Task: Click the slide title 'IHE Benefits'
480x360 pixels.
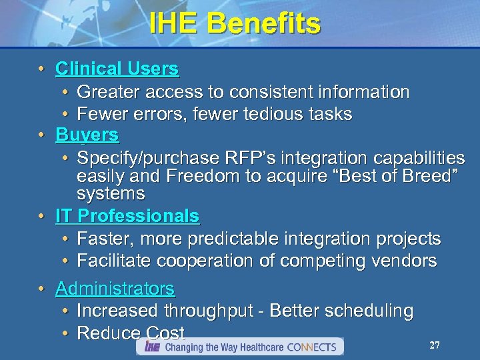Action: point(235,24)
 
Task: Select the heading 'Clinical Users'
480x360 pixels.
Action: point(117,69)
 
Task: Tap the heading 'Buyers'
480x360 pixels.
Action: point(87,135)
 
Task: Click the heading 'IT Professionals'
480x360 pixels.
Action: point(127,216)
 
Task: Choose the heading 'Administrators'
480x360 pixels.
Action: point(115,289)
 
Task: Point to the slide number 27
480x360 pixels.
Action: point(435,345)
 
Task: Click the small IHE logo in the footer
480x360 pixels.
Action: point(152,347)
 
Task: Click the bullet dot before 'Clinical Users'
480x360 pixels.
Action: point(41,69)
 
